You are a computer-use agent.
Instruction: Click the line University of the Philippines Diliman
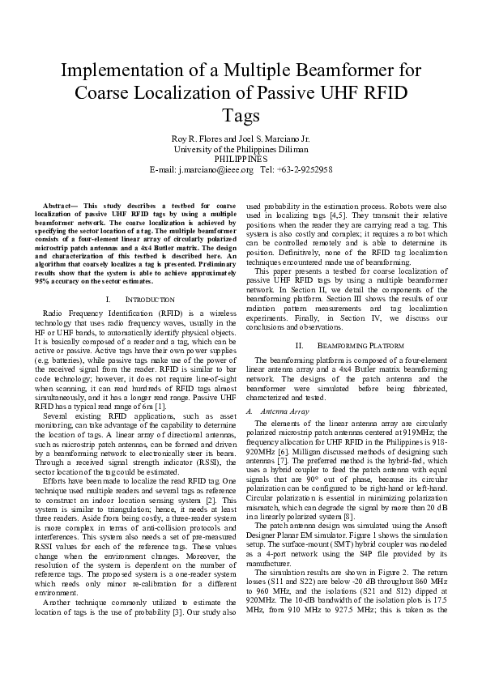coord(241,149)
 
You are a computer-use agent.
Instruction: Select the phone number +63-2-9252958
coord(305,169)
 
